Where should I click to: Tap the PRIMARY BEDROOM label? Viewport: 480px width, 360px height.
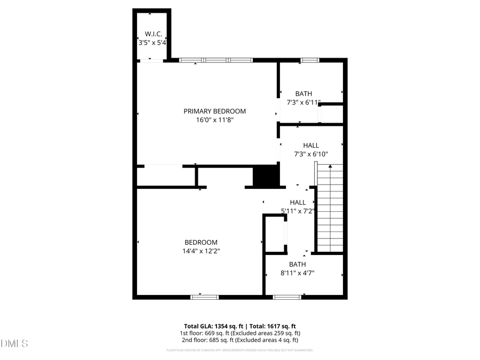tap(215, 111)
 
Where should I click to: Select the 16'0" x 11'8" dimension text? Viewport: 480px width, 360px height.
tap(215, 121)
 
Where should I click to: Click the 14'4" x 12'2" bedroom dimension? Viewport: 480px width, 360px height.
tap(201, 251)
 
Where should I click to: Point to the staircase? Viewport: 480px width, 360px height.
tap(330, 208)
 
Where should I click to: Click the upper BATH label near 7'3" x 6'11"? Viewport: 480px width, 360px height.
tap(303, 93)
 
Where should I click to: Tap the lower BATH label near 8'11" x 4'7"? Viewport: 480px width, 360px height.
tap(298, 264)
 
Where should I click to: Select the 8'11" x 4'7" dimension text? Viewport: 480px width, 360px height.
tap(298, 273)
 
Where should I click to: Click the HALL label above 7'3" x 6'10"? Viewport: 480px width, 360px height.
tap(311, 145)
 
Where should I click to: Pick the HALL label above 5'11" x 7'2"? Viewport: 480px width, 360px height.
tap(298, 202)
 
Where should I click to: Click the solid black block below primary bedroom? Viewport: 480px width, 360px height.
tap(266, 176)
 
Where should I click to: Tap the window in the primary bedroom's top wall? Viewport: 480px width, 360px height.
tap(215, 60)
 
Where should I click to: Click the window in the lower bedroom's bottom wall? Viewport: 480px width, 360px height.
tap(205, 297)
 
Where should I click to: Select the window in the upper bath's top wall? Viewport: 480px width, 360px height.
tap(309, 60)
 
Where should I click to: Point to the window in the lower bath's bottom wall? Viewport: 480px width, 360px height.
tap(287, 297)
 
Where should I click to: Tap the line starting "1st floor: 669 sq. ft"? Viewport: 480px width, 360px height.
tap(239, 333)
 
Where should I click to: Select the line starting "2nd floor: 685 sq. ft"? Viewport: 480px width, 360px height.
tap(239, 340)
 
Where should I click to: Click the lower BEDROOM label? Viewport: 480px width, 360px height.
tap(201, 242)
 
